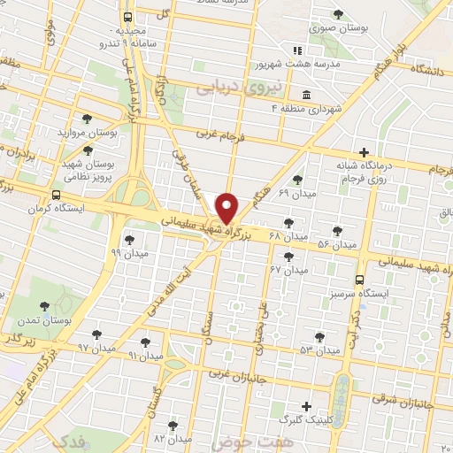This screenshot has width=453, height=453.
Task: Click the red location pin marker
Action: click(x=227, y=208)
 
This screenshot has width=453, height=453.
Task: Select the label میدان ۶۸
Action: click(x=288, y=237)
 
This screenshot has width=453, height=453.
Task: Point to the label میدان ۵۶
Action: click(x=336, y=243)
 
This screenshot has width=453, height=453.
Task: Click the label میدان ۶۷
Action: click(x=288, y=268)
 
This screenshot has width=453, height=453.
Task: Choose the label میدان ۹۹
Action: click(x=129, y=252)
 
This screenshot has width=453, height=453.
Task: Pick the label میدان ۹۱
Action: click(x=146, y=355)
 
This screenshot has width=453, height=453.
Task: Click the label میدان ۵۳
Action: click(x=319, y=350)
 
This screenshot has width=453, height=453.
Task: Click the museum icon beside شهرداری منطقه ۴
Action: click(x=306, y=95)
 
